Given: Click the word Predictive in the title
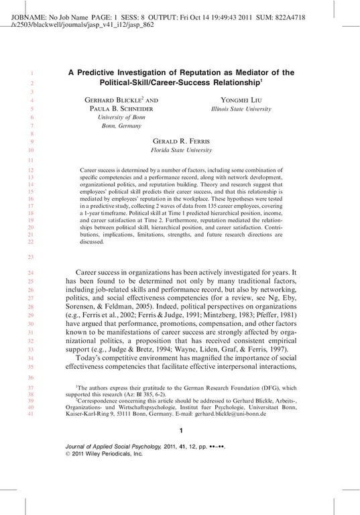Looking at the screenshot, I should click(103, 72).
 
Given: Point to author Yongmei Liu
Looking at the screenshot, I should click(239, 99).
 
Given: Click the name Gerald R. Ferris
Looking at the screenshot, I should click(182, 142).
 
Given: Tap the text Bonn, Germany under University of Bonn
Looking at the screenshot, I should click(117, 125).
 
